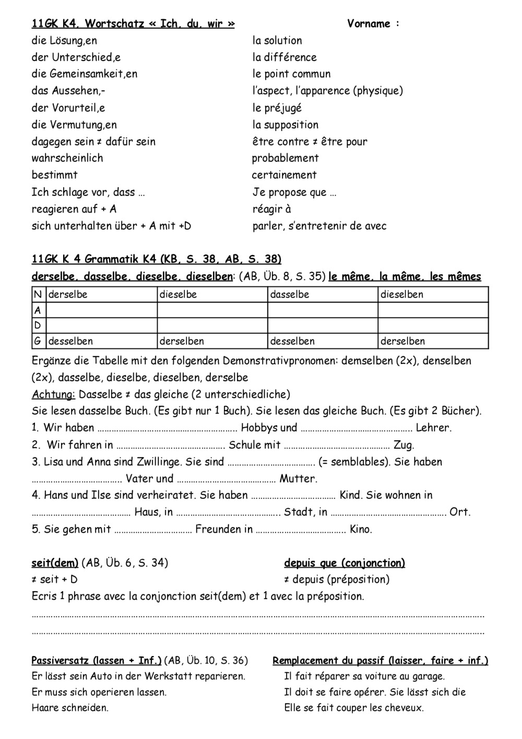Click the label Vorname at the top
[369, 24]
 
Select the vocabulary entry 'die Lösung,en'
[64, 40]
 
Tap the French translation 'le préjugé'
[277, 108]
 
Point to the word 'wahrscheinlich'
[67, 158]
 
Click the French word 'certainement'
[284, 174]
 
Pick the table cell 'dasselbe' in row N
[290, 295]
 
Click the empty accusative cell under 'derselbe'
[102, 310]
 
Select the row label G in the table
[37, 341]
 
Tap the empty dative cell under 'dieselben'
[433, 325]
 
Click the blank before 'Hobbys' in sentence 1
[168, 428]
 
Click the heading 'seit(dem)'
[55, 562]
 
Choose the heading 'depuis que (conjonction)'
[345, 562]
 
